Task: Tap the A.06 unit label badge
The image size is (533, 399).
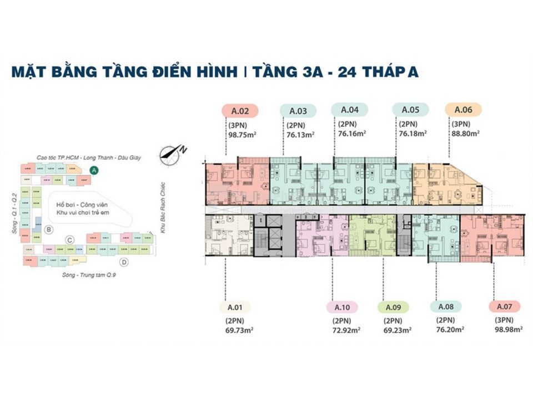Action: (463, 110)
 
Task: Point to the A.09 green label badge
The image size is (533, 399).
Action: (393, 307)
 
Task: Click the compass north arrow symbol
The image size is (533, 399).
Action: (171, 153)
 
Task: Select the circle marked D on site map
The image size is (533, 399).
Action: (124, 262)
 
